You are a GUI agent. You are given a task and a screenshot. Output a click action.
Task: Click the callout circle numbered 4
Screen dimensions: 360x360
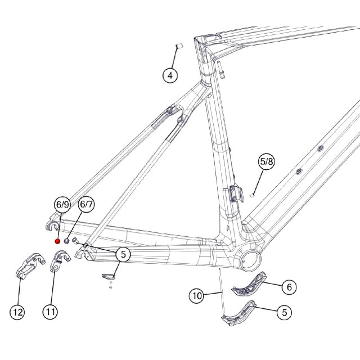[x=170, y=75]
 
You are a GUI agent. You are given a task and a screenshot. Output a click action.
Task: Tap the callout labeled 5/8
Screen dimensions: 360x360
[x=267, y=161]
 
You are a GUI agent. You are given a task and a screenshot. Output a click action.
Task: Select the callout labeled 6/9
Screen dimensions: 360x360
[x=62, y=204]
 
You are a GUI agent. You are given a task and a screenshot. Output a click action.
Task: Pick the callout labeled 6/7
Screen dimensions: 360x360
[x=86, y=204]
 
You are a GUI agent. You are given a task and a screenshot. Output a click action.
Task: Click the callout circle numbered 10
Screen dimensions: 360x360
[x=197, y=296]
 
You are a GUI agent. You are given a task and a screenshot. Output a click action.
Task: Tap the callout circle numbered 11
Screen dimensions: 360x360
[x=51, y=312]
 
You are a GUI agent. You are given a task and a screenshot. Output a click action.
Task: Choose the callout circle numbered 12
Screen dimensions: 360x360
[x=17, y=312]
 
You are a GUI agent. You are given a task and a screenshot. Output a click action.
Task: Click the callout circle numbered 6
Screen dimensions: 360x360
[x=289, y=287]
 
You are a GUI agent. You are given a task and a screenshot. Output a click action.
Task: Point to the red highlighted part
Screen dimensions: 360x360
[x=57, y=241]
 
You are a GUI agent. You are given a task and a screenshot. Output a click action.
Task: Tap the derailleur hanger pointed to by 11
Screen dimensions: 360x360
[x=60, y=261]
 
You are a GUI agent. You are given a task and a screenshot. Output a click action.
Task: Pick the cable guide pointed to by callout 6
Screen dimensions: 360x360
[x=249, y=283]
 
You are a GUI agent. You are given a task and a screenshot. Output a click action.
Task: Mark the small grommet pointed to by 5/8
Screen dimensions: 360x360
[x=252, y=195]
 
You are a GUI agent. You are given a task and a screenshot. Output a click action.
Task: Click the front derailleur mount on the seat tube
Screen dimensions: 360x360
[x=233, y=193]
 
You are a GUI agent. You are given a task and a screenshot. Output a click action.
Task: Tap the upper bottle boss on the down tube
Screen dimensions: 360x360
[x=320, y=148]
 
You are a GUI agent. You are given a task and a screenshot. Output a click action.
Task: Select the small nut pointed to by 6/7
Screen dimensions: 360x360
[x=66, y=241]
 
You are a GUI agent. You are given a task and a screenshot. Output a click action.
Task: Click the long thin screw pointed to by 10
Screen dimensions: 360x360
[x=222, y=291]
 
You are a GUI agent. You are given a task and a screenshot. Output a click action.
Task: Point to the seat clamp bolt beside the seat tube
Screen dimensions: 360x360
[x=220, y=69]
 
